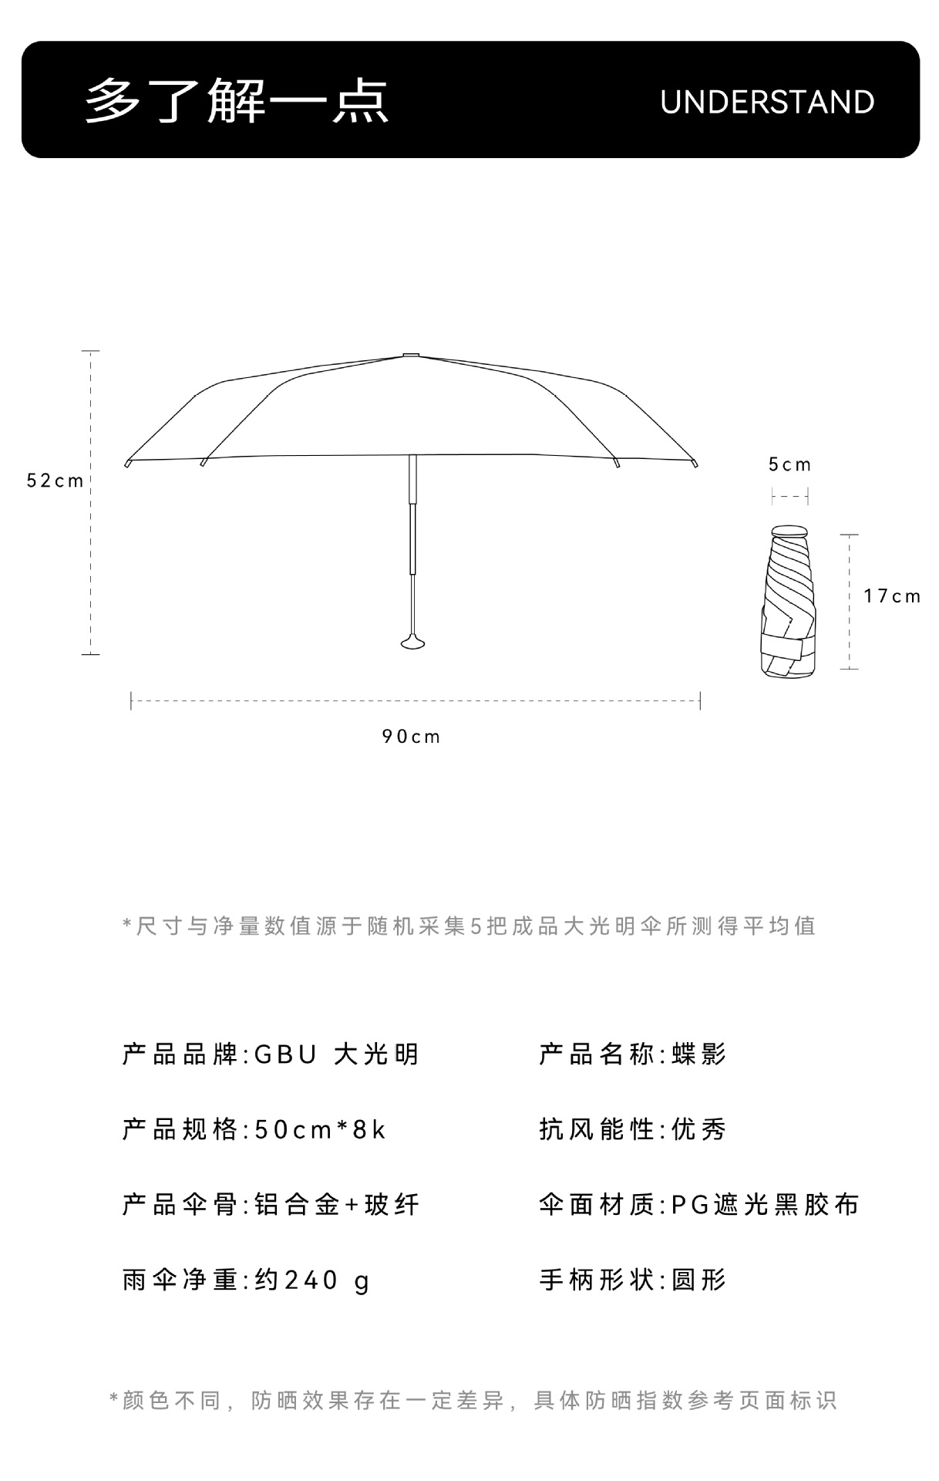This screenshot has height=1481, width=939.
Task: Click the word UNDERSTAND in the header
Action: (766, 102)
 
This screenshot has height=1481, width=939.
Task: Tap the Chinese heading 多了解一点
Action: (237, 101)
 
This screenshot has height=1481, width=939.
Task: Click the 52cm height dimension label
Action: (55, 481)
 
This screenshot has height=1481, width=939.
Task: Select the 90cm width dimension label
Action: (411, 737)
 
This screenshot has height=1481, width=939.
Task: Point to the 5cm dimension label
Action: (789, 464)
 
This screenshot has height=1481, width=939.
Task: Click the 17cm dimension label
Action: (892, 596)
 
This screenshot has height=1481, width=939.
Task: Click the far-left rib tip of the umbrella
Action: (128, 463)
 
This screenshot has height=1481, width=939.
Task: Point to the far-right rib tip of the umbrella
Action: (695, 463)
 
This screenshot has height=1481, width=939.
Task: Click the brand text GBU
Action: (285, 1054)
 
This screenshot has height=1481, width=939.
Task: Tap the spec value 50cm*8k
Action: (320, 1130)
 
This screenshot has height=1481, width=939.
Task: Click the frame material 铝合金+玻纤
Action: (337, 1205)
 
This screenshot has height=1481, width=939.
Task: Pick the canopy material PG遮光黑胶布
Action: (765, 1205)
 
